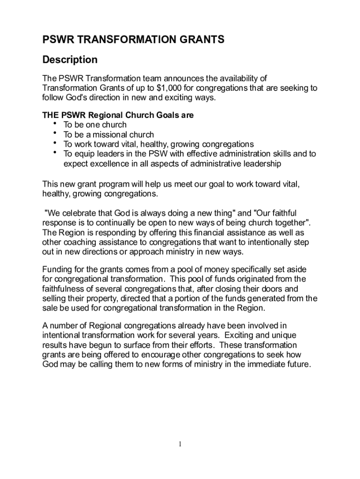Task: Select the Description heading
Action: [x=70, y=60]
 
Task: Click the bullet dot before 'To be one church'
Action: [x=56, y=123]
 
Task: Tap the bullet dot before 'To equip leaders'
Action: [x=56, y=152]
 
